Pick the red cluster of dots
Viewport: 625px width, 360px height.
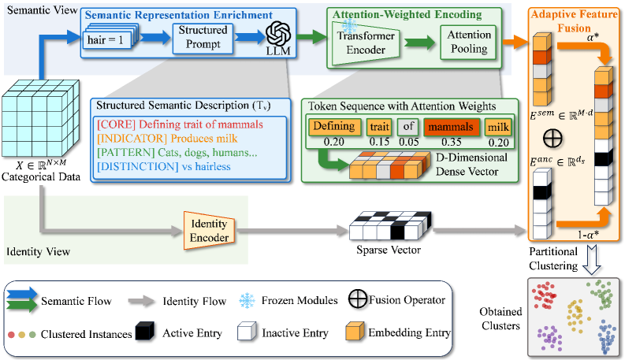point(544,298)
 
